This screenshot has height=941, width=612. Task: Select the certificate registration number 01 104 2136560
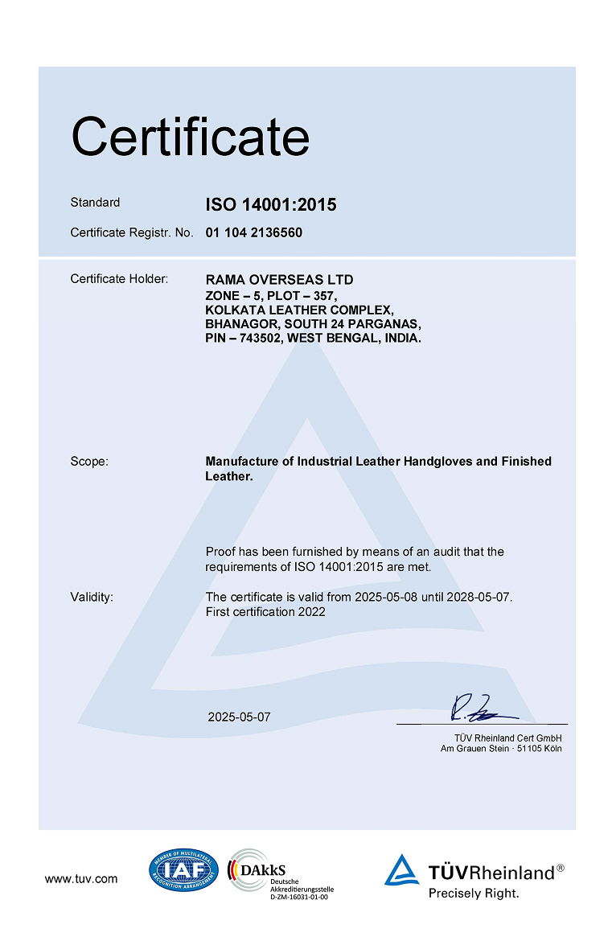254,232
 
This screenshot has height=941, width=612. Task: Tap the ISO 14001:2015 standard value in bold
271,204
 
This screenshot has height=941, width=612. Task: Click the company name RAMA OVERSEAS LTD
279,280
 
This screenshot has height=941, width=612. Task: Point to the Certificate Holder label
119,279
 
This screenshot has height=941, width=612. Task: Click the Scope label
89,462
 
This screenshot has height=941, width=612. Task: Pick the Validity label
92,597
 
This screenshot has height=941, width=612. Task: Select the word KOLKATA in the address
232,310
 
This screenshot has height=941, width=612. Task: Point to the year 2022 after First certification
311,611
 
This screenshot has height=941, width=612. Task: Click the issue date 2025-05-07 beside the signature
239,717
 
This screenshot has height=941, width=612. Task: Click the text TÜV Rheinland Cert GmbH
508,738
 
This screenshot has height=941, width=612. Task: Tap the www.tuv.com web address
81,879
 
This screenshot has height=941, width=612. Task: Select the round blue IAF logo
183,871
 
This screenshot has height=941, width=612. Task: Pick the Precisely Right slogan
474,893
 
